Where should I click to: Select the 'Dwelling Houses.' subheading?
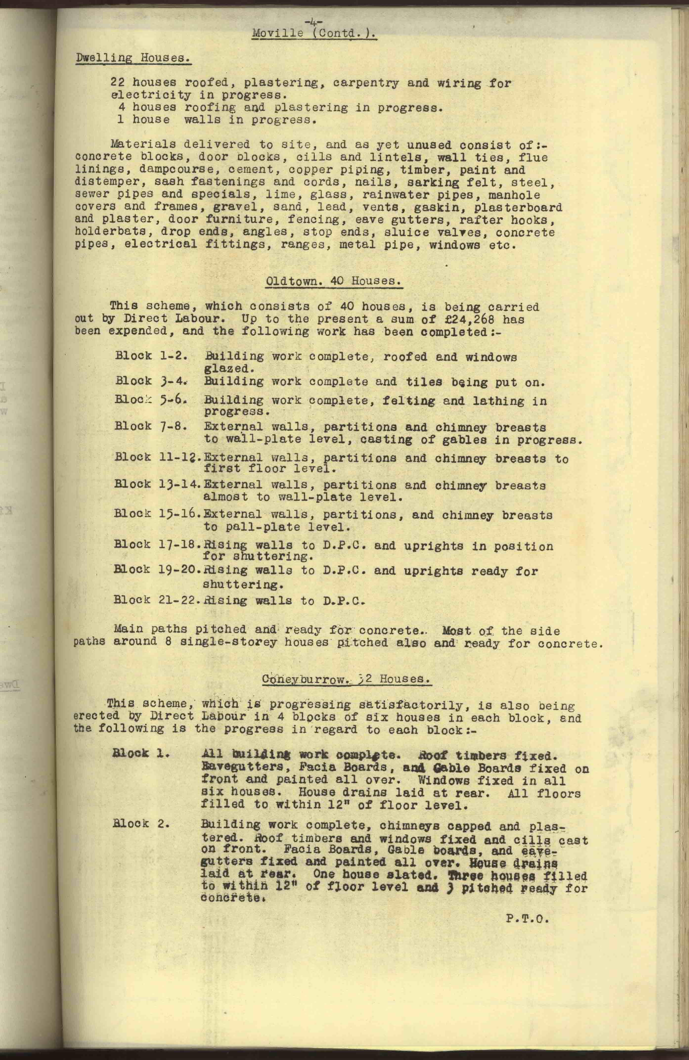133,58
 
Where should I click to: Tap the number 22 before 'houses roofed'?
118,83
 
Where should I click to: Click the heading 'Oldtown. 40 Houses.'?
334,281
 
